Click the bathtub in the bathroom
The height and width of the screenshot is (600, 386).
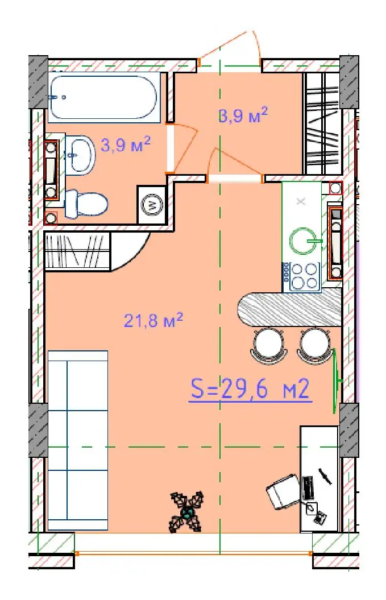[103, 97]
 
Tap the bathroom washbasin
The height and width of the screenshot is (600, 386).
[80, 155]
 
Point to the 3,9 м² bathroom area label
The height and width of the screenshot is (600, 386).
[126, 145]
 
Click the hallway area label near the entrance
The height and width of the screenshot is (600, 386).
[243, 115]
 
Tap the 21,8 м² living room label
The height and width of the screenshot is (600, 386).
[153, 320]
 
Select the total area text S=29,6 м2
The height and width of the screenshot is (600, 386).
[250, 389]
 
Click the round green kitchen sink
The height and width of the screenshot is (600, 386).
[304, 241]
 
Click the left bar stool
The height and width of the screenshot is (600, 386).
[268, 346]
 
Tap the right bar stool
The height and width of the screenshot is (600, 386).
[314, 346]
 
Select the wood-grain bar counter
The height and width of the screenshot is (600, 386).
[289, 309]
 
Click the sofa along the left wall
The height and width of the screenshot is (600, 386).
[78, 440]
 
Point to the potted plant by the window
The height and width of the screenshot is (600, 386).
[187, 512]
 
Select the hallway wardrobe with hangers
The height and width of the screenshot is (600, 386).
[322, 123]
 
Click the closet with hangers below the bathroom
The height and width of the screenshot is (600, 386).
[77, 251]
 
